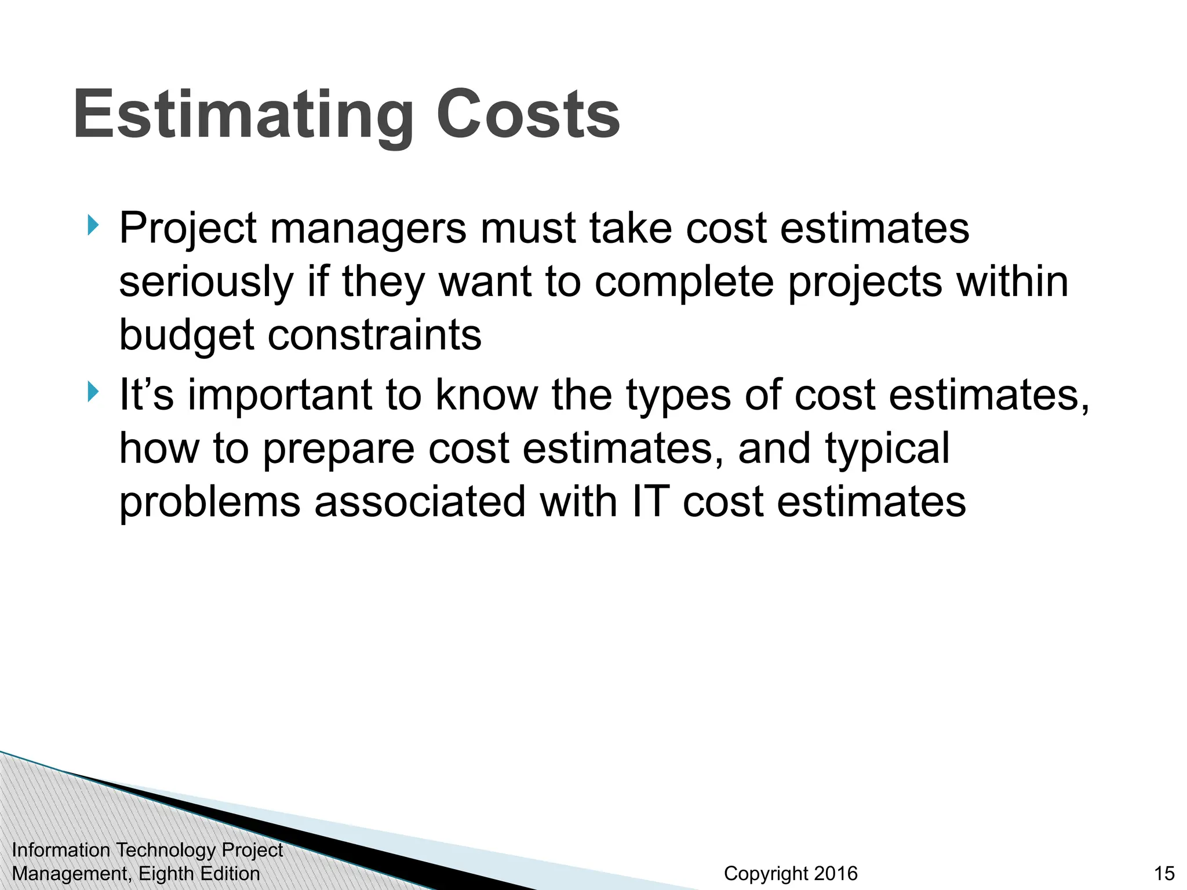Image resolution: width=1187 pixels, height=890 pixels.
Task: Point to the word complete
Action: [x=684, y=283]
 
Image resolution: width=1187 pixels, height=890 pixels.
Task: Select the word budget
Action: [x=186, y=336]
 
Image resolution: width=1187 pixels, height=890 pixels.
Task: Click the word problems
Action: [x=210, y=503]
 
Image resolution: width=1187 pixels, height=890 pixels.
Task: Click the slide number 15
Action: [x=1164, y=873]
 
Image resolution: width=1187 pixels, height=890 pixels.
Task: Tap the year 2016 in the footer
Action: [x=835, y=873]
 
